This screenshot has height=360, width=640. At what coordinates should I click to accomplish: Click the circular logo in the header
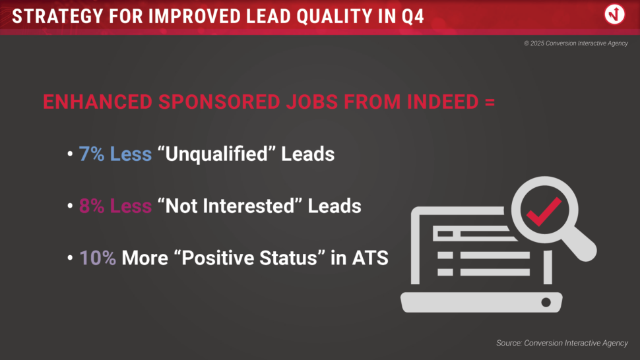pyautogui.click(x=614, y=15)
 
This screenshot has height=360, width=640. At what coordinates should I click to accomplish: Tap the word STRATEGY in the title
pyautogui.click(x=57, y=16)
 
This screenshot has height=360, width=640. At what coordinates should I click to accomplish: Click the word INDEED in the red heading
pyautogui.click(x=443, y=102)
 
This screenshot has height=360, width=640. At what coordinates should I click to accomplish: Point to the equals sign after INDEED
pyautogui.click(x=490, y=102)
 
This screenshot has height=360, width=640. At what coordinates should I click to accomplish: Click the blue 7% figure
pyautogui.click(x=92, y=154)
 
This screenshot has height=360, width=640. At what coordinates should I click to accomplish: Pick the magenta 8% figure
pyautogui.click(x=92, y=206)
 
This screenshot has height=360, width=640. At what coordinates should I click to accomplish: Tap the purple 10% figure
pyautogui.click(x=98, y=258)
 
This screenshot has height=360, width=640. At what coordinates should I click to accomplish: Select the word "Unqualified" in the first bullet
pyautogui.click(x=216, y=154)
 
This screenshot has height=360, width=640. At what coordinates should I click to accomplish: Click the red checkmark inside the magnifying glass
pyautogui.click(x=544, y=211)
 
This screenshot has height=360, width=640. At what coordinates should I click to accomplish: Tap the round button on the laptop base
pyautogui.click(x=546, y=302)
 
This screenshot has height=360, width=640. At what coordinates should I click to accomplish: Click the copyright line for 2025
pyautogui.click(x=576, y=44)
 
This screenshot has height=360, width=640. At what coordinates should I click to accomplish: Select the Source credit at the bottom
pyautogui.click(x=562, y=344)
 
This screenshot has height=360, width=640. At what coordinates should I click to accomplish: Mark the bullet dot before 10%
pyautogui.click(x=70, y=258)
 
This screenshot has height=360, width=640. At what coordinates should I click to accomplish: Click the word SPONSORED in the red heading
pyautogui.click(x=219, y=102)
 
